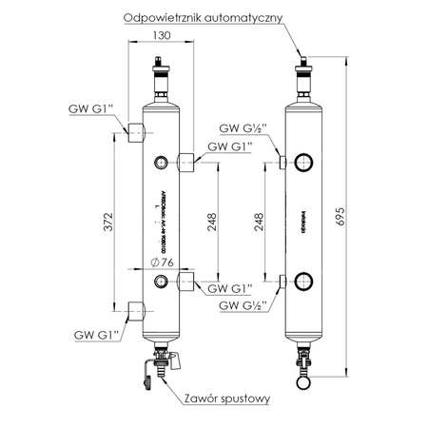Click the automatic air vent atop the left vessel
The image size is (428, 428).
160,76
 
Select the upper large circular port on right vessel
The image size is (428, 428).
305,161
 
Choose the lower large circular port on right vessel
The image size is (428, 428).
305,281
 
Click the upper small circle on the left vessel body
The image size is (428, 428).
160,161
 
